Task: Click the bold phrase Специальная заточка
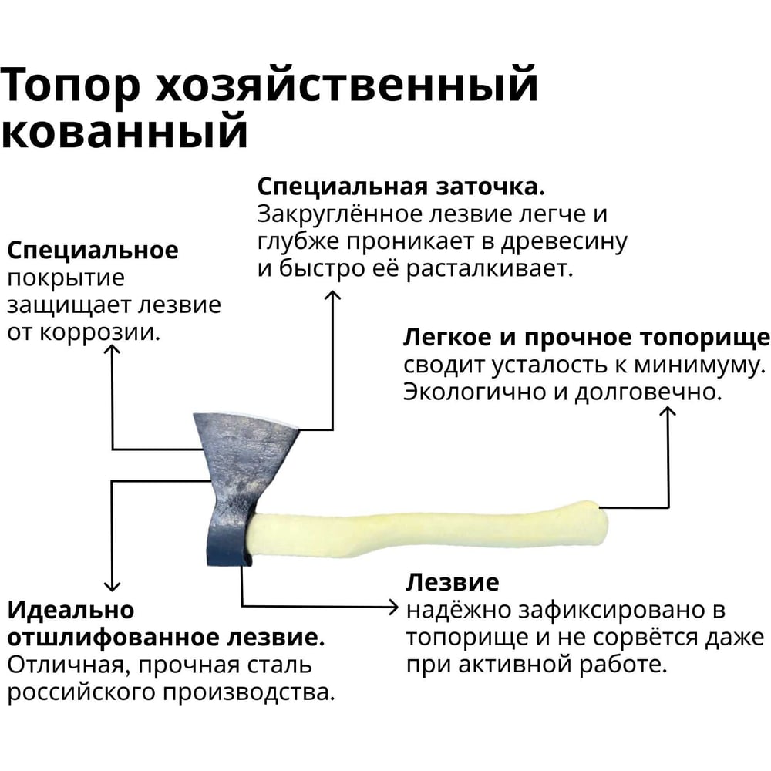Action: click(x=402, y=188)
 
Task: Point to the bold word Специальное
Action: click(x=93, y=251)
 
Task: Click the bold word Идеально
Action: click(x=71, y=611)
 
